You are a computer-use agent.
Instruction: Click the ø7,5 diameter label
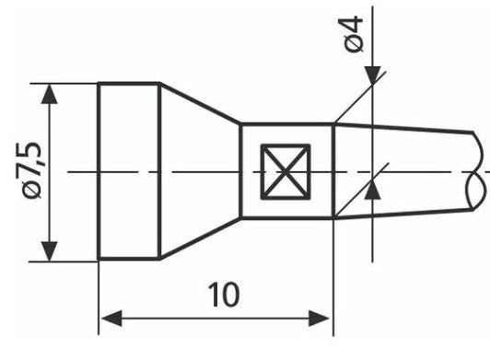point(31,170)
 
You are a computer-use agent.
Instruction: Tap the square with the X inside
point(286,171)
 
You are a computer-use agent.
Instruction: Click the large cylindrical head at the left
point(129,171)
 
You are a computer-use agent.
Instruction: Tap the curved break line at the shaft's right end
point(475,171)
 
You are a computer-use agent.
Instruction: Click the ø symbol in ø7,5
point(32,191)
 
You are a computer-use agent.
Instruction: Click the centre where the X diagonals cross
point(286,171)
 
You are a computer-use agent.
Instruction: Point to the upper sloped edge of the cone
point(200,104)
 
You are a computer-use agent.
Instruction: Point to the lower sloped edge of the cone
point(200,239)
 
